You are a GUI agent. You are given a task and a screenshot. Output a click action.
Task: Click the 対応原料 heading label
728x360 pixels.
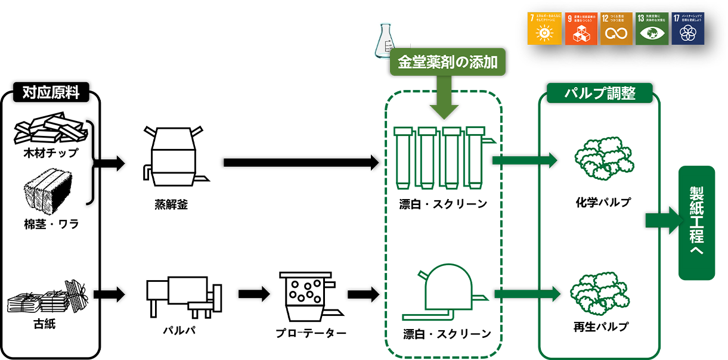(x=50, y=94)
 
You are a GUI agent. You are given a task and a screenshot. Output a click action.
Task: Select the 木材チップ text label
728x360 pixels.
(x=51, y=153)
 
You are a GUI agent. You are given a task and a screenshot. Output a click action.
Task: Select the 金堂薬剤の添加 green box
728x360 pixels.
(x=447, y=62)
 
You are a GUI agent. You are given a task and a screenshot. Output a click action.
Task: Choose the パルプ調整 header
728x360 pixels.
(x=599, y=94)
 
